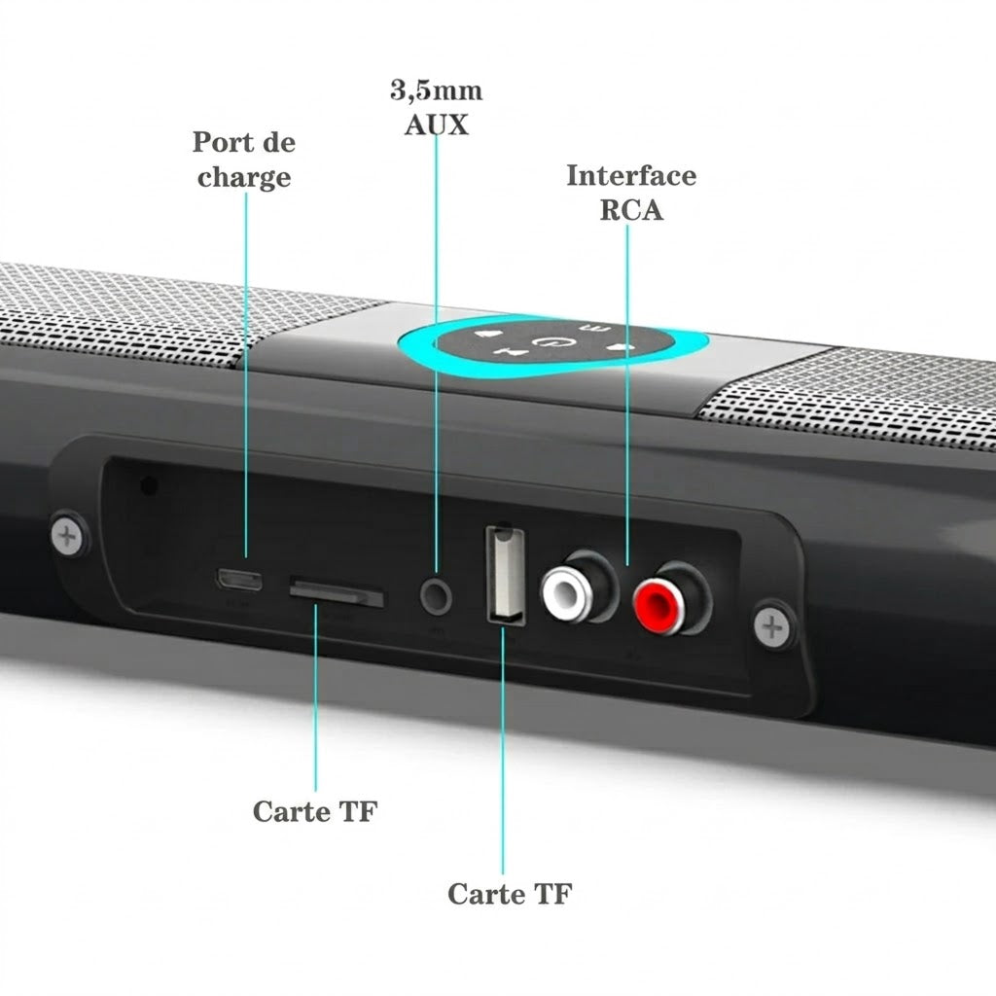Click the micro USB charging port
point(239,580)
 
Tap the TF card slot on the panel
point(337,592)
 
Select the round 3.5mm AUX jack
point(436,597)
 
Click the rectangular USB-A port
point(506,574)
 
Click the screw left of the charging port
point(68,537)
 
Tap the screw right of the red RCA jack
point(772,627)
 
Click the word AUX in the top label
point(437,124)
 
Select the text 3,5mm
point(437,90)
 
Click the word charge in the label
point(244,177)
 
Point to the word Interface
point(630,175)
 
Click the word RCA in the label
point(630,210)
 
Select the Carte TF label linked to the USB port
point(510,894)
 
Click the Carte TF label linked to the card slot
point(315,811)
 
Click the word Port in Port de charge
point(219,142)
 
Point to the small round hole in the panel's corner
point(149,485)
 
